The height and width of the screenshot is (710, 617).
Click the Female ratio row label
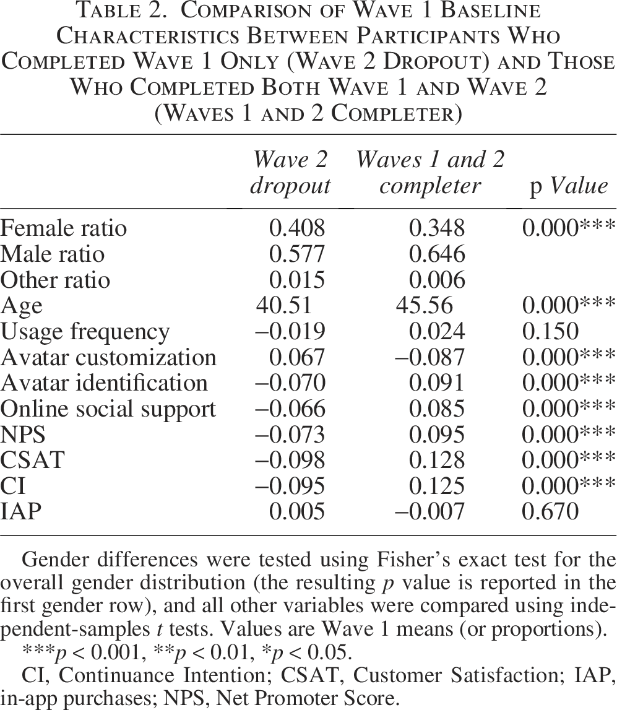tap(63, 228)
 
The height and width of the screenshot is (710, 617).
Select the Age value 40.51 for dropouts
tap(284, 306)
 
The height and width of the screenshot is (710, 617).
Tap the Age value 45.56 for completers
tap(424, 306)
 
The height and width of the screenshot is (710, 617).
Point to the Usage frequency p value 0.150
tap(550, 331)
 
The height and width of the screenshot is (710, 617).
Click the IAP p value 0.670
tap(550, 512)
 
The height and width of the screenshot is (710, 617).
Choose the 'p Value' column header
tap(569, 186)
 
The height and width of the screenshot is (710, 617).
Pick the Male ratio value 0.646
tap(437, 254)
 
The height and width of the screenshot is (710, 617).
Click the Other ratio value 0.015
tap(297, 280)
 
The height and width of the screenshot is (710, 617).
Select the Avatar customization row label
tap(108, 357)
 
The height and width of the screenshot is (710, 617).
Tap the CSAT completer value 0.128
tap(437, 460)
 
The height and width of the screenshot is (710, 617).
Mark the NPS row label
tap(23, 435)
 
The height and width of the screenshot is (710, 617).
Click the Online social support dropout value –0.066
tap(290, 409)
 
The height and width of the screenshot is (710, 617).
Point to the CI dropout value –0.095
tap(290, 486)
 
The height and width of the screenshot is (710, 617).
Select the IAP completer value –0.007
tap(429, 512)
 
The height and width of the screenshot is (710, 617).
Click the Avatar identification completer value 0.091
tap(437, 383)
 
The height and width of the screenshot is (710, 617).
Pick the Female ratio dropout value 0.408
tap(297, 228)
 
